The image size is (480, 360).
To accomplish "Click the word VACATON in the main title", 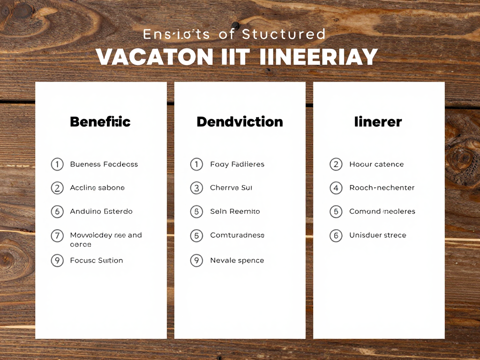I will point(155,57).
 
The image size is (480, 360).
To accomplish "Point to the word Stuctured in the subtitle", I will point(284,34).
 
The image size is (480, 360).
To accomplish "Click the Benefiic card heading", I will point(100,122).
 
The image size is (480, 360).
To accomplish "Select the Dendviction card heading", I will point(240,122).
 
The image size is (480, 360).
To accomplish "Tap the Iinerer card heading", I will point(378,122).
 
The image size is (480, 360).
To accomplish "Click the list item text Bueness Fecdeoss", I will point(104,165).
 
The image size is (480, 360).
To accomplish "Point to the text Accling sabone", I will point(97,188).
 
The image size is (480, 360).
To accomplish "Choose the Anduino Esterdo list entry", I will point(101,211).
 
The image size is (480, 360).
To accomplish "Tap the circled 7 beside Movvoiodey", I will point(57,235).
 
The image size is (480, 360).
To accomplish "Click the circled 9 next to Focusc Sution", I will point(57,261).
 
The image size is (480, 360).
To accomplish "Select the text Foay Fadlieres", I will point(237,165).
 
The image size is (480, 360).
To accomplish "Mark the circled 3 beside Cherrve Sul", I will point(196,188).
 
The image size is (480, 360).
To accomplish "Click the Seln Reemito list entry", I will point(235,211).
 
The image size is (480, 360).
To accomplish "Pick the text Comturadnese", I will point(237,235).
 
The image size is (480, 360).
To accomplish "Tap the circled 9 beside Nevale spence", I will point(196,261).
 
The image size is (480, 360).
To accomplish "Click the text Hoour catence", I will point(376,165).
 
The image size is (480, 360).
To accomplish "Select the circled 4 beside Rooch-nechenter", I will point(336,188).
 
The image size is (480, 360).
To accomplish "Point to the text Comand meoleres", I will point(382,211).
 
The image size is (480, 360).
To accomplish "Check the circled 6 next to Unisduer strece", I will point(336,235).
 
